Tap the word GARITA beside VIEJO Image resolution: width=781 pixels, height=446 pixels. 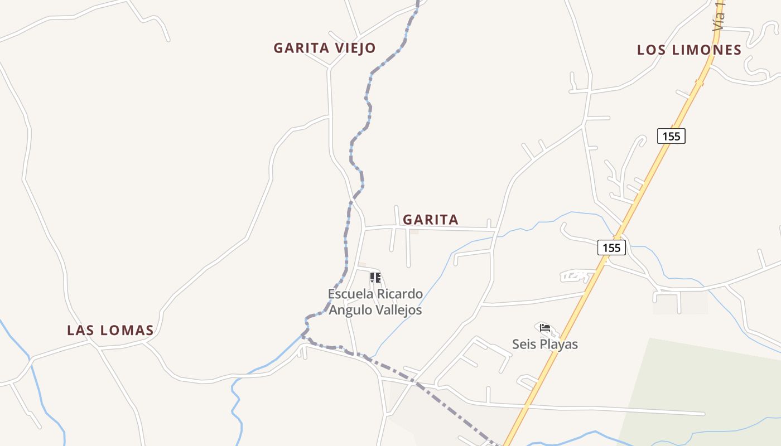(301, 48)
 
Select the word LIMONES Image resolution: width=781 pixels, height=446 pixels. (707, 50)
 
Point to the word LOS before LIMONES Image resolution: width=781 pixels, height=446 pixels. (652, 50)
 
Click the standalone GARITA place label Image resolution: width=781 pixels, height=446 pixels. (431, 220)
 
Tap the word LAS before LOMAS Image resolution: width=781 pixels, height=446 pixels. (80, 330)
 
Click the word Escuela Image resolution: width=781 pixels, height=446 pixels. (350, 294)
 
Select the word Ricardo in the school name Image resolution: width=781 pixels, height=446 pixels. (399, 294)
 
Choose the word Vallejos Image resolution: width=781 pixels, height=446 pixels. (398, 309)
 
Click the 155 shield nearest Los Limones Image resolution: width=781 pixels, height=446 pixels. (671, 135)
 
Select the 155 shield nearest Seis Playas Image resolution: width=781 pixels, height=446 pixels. (611, 248)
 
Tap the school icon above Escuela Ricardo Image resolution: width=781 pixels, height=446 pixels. (375, 277)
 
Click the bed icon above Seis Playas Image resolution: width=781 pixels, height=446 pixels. (545, 328)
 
